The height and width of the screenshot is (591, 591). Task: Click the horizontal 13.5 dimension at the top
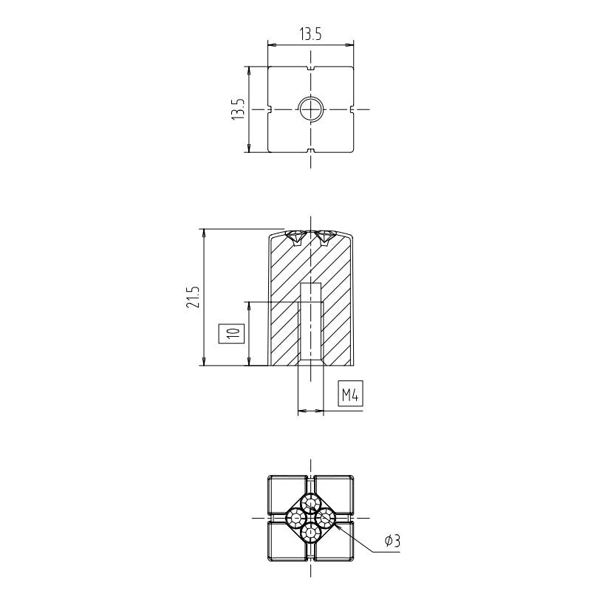pyautogui.click(x=310, y=34)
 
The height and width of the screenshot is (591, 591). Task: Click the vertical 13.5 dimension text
pyautogui.click(x=238, y=109)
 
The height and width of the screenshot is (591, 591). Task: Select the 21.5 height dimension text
pyautogui.click(x=193, y=297)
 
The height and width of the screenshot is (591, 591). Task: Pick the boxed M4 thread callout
pyautogui.click(x=350, y=394)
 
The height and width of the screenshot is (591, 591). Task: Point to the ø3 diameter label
pyautogui.click(x=392, y=542)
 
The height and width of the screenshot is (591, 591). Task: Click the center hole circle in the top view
pyautogui.click(x=311, y=109)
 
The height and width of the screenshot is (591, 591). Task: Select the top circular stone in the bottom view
pyautogui.click(x=310, y=503)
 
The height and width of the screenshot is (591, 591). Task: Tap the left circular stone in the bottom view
pyautogui.click(x=296, y=518)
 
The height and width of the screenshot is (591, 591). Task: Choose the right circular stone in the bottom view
pyautogui.click(x=326, y=518)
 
